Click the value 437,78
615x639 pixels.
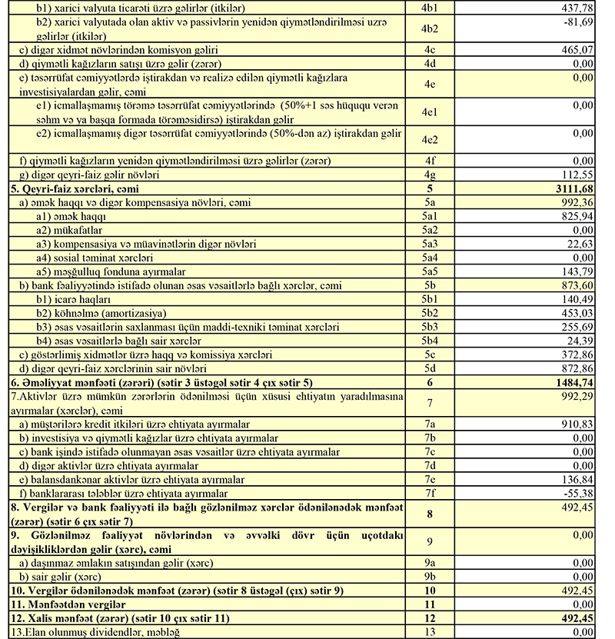[577, 7]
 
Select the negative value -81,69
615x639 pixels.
[578, 22]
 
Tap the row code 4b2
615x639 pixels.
[430, 30]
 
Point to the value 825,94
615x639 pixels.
[577, 217]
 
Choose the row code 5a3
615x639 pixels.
[430, 245]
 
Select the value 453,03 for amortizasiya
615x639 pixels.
[577, 313]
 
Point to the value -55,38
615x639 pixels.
[578, 493]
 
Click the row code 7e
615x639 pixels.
[430, 479]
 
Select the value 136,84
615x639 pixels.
[577, 479]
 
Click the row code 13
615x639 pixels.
[430, 631]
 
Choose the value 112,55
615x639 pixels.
[577, 174]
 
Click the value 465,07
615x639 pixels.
[577, 49]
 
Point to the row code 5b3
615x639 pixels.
[430, 327]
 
